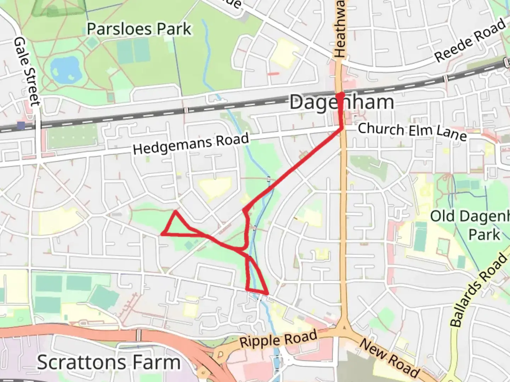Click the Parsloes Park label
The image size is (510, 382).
[139, 29]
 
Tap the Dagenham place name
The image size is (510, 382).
[341, 103]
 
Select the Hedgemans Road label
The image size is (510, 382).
[191, 144]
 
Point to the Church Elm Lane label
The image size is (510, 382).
[412, 131]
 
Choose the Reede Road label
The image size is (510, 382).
[470, 41]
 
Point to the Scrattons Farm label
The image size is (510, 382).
[109, 362]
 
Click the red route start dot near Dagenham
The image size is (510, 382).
[340, 95]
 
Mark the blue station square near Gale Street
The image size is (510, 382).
[21, 125]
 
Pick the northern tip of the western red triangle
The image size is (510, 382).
[175, 212]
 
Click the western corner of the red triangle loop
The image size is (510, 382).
[162, 234]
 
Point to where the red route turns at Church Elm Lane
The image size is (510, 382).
[342, 128]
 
